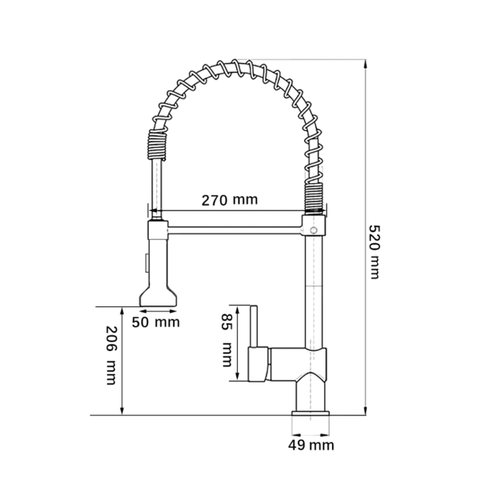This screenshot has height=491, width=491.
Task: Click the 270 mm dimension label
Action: coord(230,200)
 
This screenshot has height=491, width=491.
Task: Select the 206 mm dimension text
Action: coord(111,355)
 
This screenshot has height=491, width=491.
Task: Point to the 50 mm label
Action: coord(156,322)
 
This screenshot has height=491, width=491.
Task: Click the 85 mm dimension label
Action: coord(226,340)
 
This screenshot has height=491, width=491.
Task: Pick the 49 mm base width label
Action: coord(311,445)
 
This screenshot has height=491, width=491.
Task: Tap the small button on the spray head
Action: coord(146,264)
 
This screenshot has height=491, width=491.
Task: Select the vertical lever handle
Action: coord(254,326)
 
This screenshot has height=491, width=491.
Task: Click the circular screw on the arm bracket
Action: coord(314,231)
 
